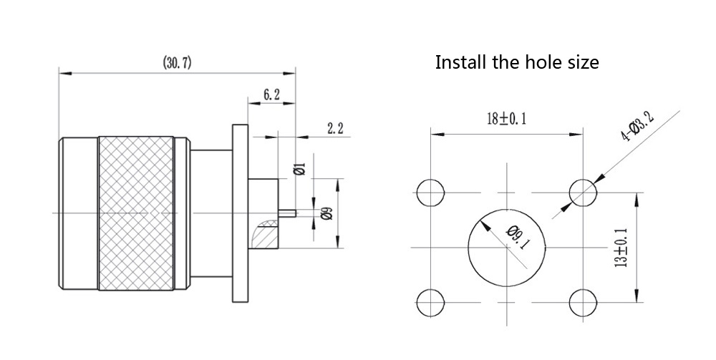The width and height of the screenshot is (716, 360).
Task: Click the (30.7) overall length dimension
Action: [x=177, y=63]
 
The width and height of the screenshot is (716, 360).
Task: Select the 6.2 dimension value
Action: [x=271, y=94]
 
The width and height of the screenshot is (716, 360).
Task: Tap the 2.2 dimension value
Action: [x=335, y=129]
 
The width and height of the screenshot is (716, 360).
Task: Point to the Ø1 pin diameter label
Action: [x=301, y=170]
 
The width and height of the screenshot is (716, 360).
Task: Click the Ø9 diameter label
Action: [x=326, y=213]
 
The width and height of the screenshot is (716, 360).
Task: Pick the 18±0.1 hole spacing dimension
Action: [x=506, y=119]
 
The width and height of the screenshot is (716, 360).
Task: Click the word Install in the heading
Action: [x=460, y=62]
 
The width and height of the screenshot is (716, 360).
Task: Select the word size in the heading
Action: [x=582, y=62]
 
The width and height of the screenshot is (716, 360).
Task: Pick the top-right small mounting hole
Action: [x=583, y=192]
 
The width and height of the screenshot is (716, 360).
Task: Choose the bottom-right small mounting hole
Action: [x=583, y=301]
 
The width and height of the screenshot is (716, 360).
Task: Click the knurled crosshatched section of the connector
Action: [x=136, y=213]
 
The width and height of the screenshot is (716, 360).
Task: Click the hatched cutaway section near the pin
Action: [x=263, y=233]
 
